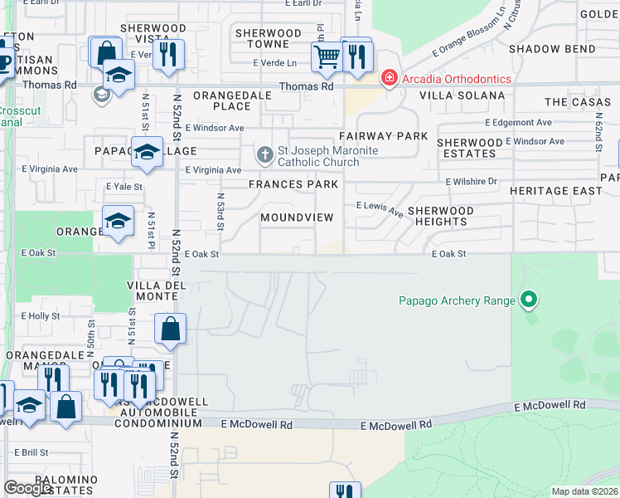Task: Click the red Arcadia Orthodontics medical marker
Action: (387, 78)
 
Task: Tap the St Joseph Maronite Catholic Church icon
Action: (264, 154)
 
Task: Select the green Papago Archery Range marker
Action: (528, 300)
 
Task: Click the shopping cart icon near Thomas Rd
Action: (327, 57)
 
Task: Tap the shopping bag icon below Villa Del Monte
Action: (170, 329)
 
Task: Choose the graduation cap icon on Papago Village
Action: (147, 152)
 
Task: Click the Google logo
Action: (28, 488)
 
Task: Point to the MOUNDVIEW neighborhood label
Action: (297, 217)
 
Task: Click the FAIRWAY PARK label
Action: (383, 135)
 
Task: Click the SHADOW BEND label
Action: (552, 49)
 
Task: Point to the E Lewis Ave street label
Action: (380, 207)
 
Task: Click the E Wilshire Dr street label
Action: (471, 181)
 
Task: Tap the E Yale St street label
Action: (124, 187)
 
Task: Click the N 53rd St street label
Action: (221, 212)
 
